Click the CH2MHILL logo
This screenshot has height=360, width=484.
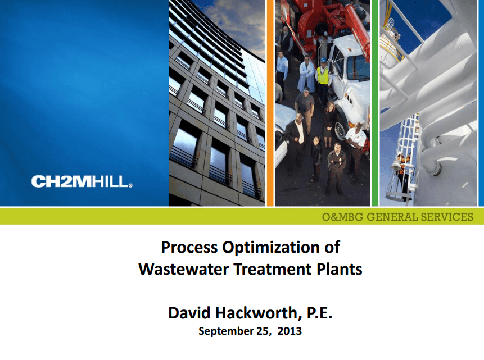tap(82, 181)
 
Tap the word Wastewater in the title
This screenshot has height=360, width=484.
tap(184, 269)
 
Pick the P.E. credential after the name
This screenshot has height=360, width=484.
tap(319, 313)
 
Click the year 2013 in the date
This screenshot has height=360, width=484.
tap(290, 331)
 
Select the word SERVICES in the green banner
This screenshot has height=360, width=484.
tap(447, 217)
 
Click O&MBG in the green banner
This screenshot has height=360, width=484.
tap(342, 217)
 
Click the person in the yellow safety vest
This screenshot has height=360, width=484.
tap(323, 79)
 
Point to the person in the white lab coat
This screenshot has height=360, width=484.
tap(306, 74)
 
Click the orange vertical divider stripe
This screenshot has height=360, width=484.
tap(270, 103)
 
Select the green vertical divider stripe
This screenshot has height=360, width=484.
tap(375, 103)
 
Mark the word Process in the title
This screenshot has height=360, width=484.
tap(189, 239)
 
